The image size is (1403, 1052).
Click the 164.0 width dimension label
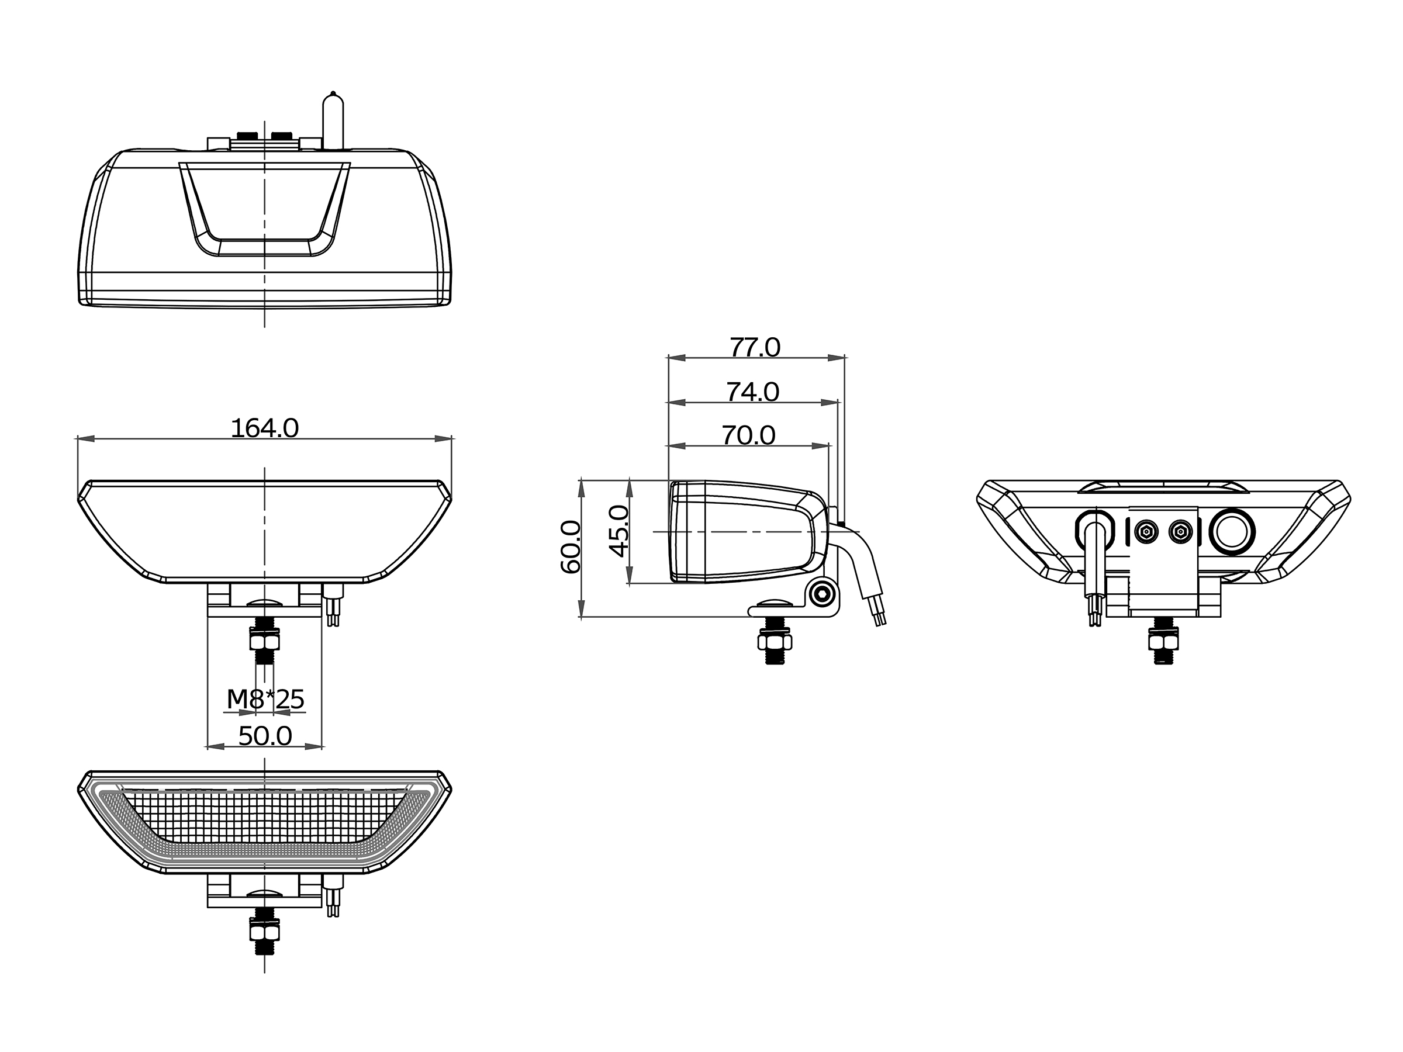264,428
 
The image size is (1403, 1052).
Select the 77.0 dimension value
755,348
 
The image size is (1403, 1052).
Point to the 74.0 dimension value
753,393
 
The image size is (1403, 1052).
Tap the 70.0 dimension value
749,435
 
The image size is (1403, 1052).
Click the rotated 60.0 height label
571,546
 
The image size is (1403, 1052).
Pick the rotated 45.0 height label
618,531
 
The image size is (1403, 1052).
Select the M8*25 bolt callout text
266,699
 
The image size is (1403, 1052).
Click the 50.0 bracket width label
265,736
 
